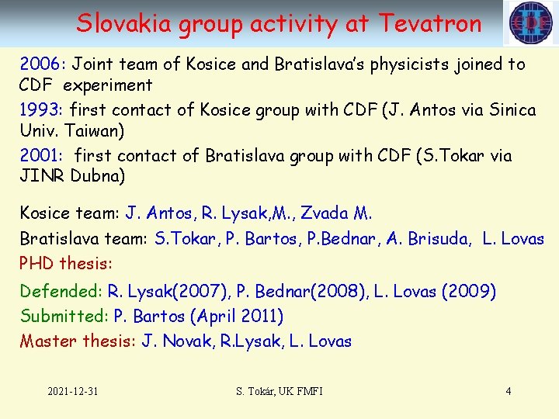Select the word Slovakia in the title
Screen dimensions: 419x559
coord(124,23)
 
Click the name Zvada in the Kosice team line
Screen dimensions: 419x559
coord(325,213)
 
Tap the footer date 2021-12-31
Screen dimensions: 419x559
coord(72,391)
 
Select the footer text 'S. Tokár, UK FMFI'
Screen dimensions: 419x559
coord(279,391)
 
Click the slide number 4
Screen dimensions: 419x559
coord(509,391)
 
